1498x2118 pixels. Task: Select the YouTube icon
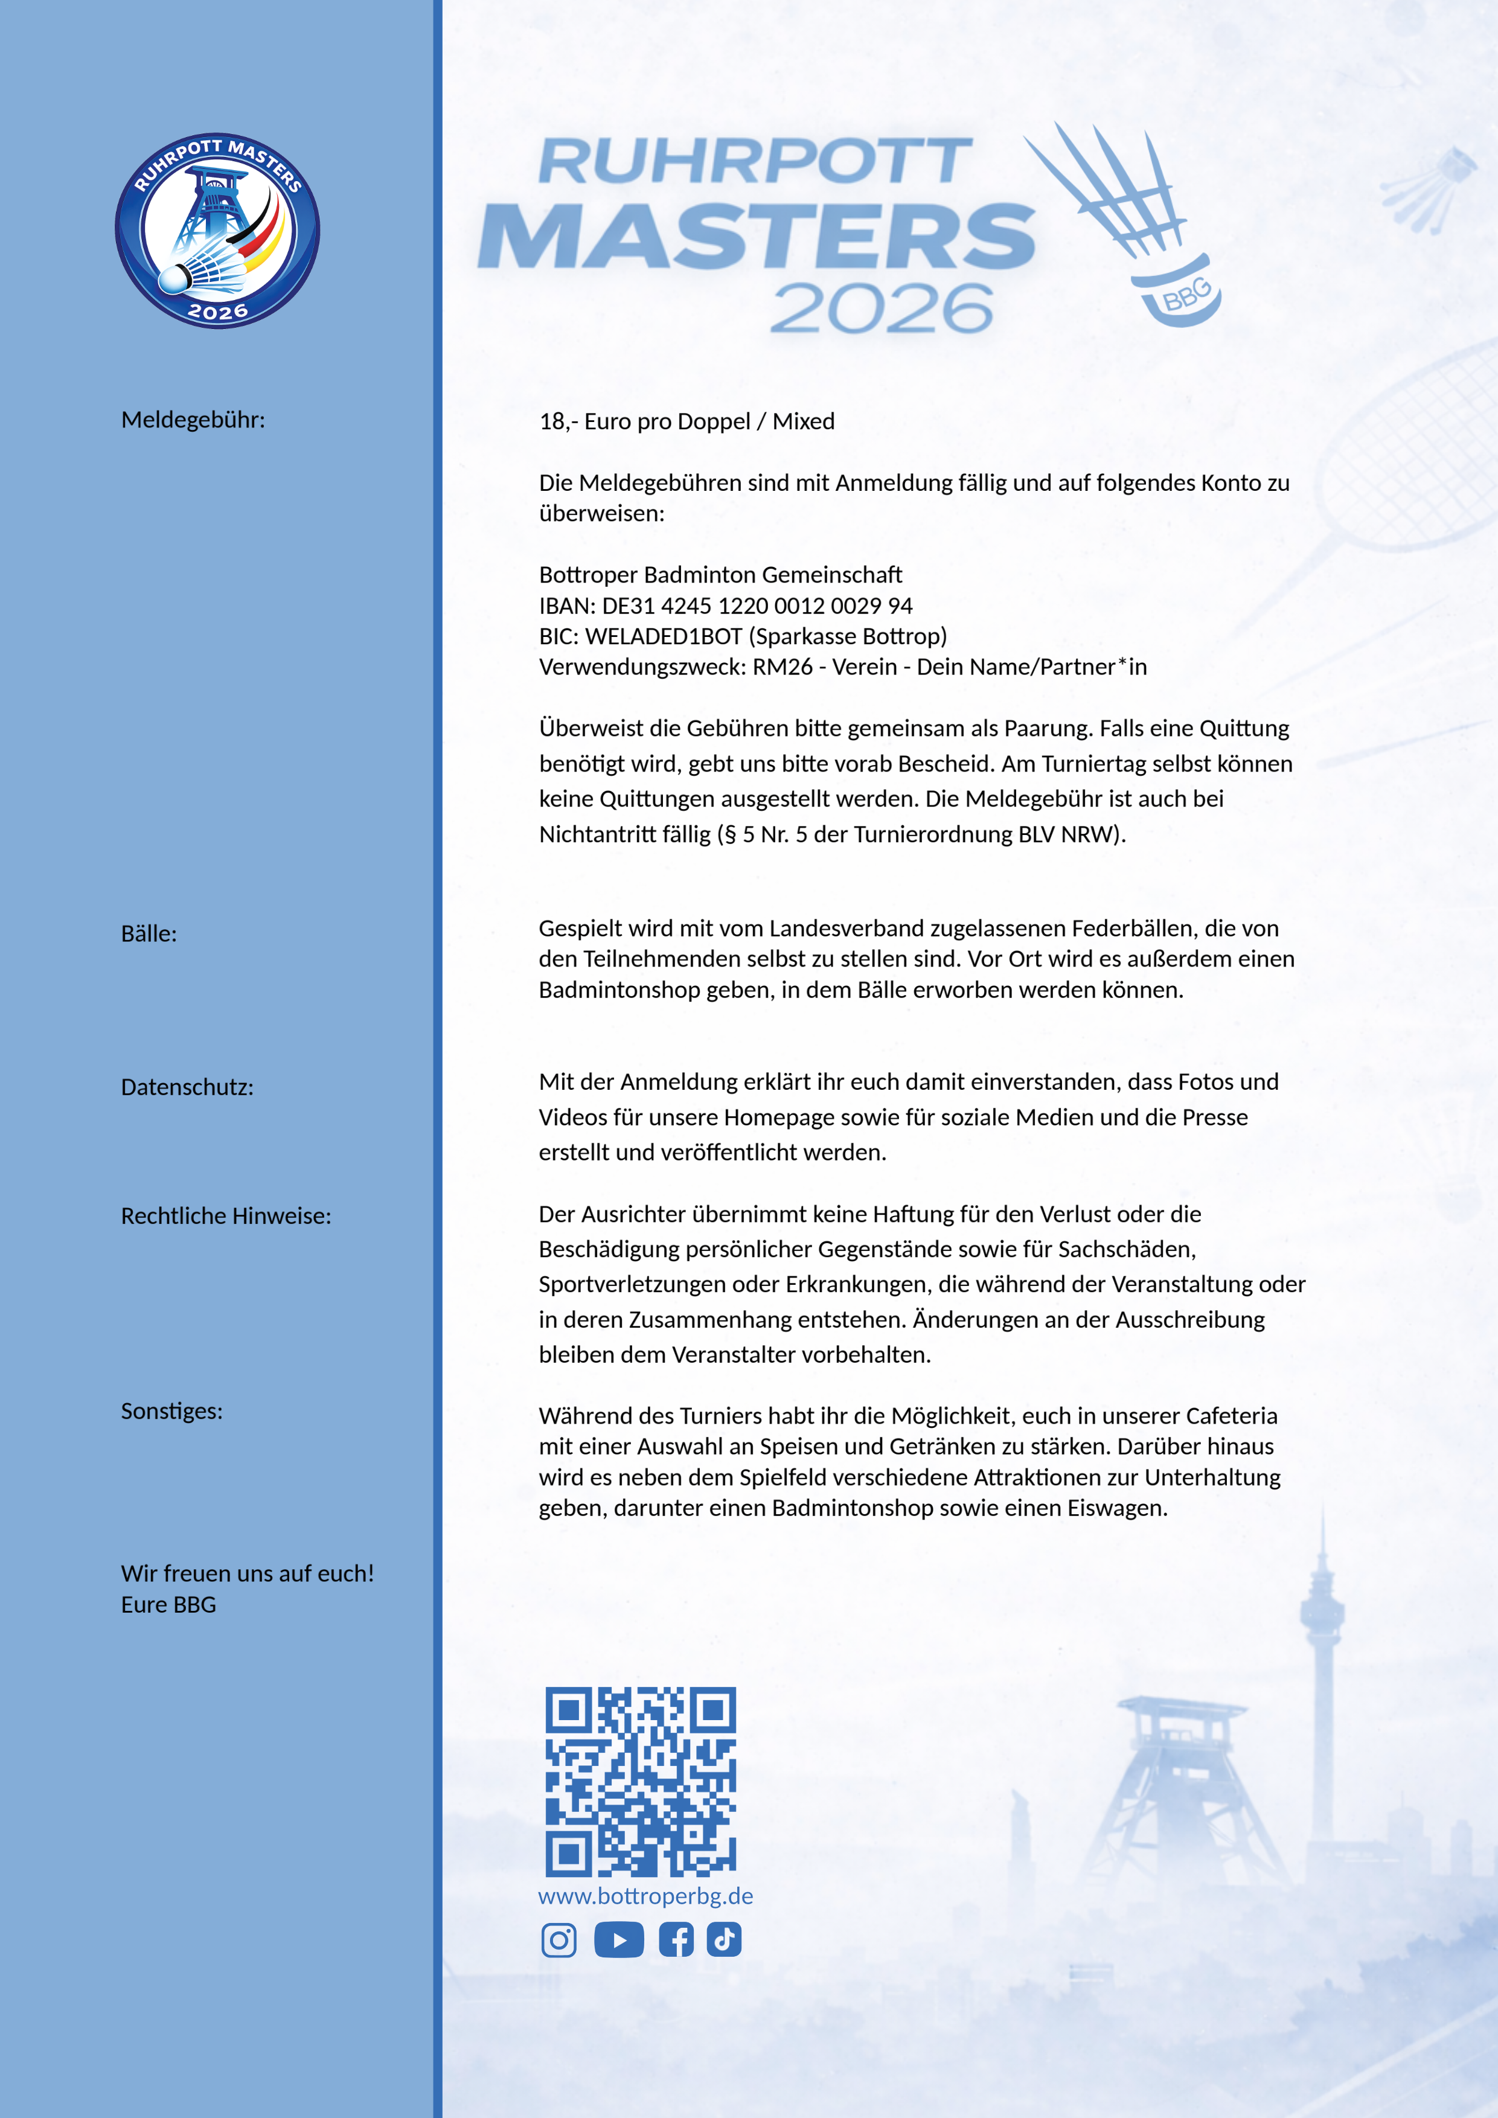coord(618,1939)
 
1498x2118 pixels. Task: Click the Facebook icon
coord(676,1939)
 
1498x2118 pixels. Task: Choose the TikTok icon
coord(724,1939)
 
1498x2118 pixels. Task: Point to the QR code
coord(640,1781)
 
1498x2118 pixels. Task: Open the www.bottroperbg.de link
coord(645,1896)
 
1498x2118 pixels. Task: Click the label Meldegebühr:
coord(193,420)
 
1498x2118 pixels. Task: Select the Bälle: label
coord(149,933)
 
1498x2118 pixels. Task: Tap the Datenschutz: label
coord(187,1087)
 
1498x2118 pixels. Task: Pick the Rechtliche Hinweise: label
coord(226,1216)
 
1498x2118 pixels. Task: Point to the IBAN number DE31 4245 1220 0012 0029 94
coord(757,606)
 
